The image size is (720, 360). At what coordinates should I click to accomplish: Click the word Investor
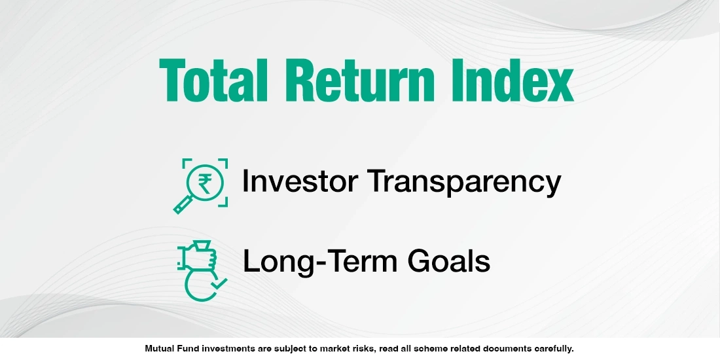pos(298,181)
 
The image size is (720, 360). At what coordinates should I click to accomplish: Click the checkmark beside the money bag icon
pos(218,283)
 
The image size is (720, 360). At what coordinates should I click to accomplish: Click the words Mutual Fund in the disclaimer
pos(169,349)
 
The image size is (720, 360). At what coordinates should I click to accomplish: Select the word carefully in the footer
pos(552,349)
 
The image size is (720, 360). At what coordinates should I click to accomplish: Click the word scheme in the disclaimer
pos(424,349)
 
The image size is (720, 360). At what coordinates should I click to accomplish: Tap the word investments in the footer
pos(224,349)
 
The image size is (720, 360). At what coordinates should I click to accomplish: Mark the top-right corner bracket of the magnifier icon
pos(223,162)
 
